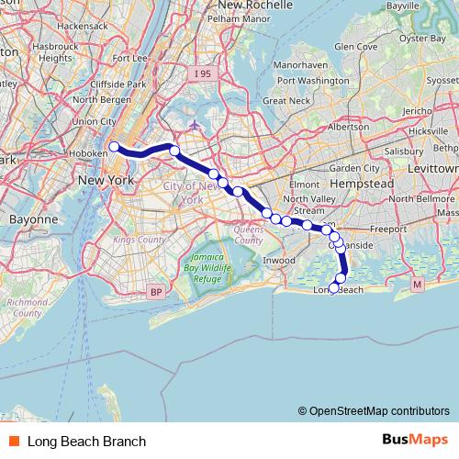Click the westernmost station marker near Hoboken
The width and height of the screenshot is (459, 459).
click(x=113, y=146)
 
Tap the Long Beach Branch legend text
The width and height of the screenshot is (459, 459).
click(x=86, y=441)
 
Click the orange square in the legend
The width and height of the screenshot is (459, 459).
click(x=13, y=441)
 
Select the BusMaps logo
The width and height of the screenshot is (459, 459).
click(x=414, y=440)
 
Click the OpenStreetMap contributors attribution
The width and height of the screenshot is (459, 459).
click(x=379, y=411)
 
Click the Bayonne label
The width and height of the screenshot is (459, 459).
click(x=33, y=220)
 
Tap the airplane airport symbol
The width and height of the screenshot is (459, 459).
click(x=194, y=125)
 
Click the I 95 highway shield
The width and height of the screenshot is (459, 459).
click(x=204, y=72)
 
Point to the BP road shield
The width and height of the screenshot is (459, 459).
click(x=153, y=292)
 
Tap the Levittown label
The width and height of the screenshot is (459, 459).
click(x=434, y=169)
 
